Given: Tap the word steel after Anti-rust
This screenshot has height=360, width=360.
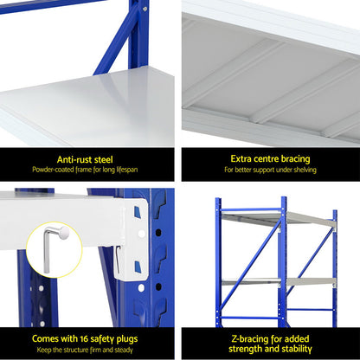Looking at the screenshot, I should point(107,158).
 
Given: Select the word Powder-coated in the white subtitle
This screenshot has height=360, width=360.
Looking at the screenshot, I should point(55,170).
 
